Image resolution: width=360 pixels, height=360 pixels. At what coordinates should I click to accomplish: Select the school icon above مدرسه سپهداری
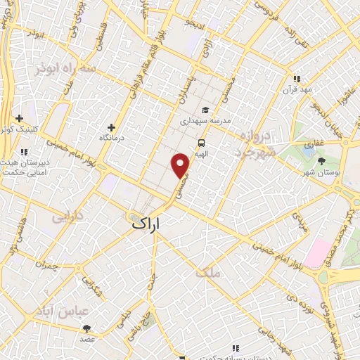pos(205,110)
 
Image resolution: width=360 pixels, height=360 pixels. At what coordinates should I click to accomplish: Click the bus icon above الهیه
pos(201,141)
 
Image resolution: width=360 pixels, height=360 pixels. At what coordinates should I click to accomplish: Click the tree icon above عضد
pos(87,328)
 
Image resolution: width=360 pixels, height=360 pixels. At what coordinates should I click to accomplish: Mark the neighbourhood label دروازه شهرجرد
pos(250,142)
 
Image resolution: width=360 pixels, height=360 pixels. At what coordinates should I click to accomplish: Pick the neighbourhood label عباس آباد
pos(72,310)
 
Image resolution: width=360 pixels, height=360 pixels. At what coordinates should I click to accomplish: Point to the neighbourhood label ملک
pos(210,271)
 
